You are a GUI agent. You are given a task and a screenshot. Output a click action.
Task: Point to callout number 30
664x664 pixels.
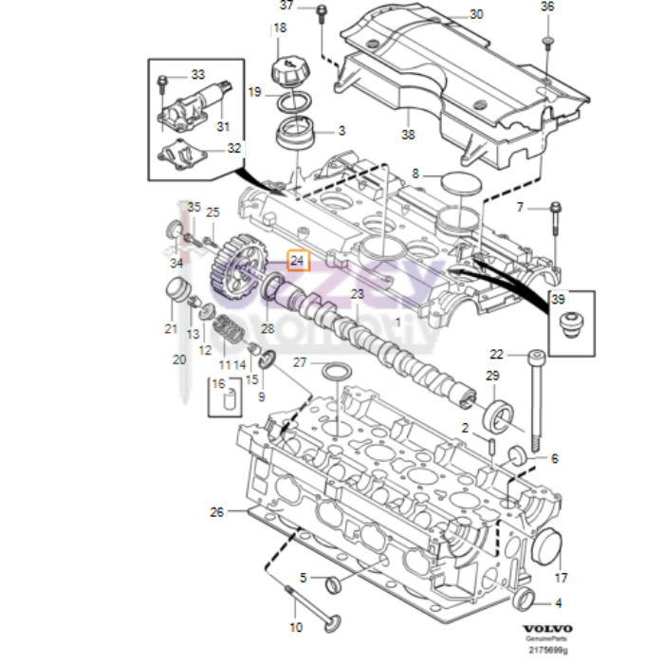(476, 14)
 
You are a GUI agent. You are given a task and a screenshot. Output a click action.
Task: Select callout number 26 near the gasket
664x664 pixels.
(216, 513)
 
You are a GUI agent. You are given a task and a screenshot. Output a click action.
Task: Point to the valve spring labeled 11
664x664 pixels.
(228, 335)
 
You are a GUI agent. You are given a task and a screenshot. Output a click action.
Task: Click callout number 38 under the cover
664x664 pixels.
(408, 135)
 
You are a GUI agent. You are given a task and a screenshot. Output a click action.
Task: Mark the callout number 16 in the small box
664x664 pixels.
(219, 384)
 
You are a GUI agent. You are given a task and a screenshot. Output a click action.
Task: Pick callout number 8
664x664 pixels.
(415, 174)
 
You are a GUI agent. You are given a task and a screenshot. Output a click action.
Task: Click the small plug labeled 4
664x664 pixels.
(523, 600)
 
